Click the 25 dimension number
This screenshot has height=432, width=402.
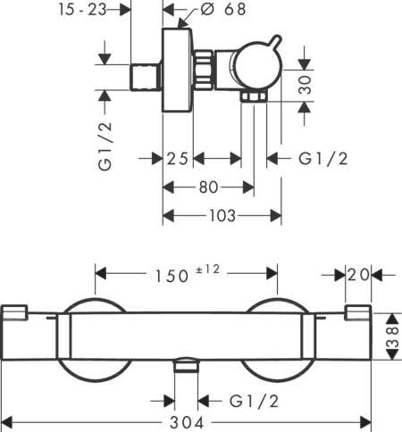[x=178, y=159]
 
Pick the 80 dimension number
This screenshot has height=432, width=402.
[x=208, y=187]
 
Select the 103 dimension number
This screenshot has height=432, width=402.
[x=222, y=216]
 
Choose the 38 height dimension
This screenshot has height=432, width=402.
[x=392, y=336]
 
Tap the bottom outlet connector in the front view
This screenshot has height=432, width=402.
[x=187, y=365]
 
